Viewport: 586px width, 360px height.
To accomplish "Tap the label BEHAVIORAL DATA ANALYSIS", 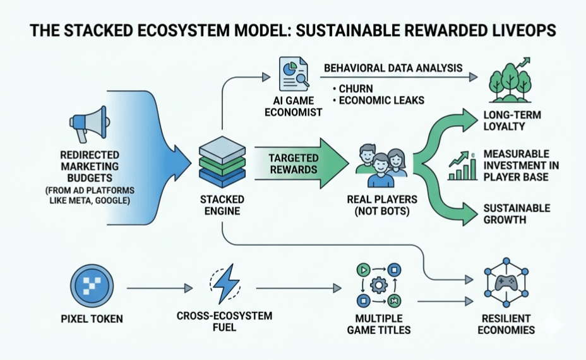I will (393, 68).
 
